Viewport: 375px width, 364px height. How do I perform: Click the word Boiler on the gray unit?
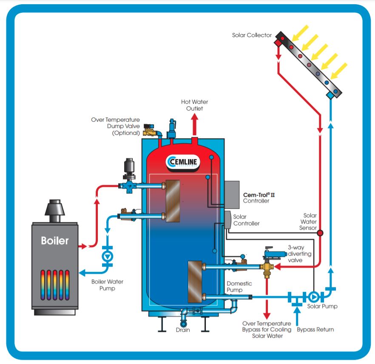pyautogui.click(x=55, y=240)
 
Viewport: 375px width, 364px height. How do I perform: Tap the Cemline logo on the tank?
pyautogui.click(x=184, y=162)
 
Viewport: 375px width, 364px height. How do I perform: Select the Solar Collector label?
pyautogui.click(x=252, y=35)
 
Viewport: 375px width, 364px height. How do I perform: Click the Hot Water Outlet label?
pyautogui.click(x=195, y=105)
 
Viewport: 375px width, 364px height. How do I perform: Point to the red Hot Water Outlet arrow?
pyautogui.click(x=195, y=125)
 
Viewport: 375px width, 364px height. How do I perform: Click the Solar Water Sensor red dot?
pyautogui.click(x=320, y=233)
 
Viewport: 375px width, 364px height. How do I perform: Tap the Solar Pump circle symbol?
pyautogui.click(x=314, y=296)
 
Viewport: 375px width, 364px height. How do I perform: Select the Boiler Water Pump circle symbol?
pyautogui.click(x=108, y=256)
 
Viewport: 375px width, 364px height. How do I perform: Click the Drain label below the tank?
pyautogui.click(x=183, y=330)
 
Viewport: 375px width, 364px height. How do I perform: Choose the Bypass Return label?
pyautogui.click(x=315, y=330)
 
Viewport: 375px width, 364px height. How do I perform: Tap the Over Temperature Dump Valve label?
pyautogui.click(x=115, y=126)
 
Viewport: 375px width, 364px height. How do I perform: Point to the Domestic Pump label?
pyautogui.click(x=239, y=287)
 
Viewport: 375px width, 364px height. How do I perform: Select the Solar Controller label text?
pyautogui.click(x=246, y=220)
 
